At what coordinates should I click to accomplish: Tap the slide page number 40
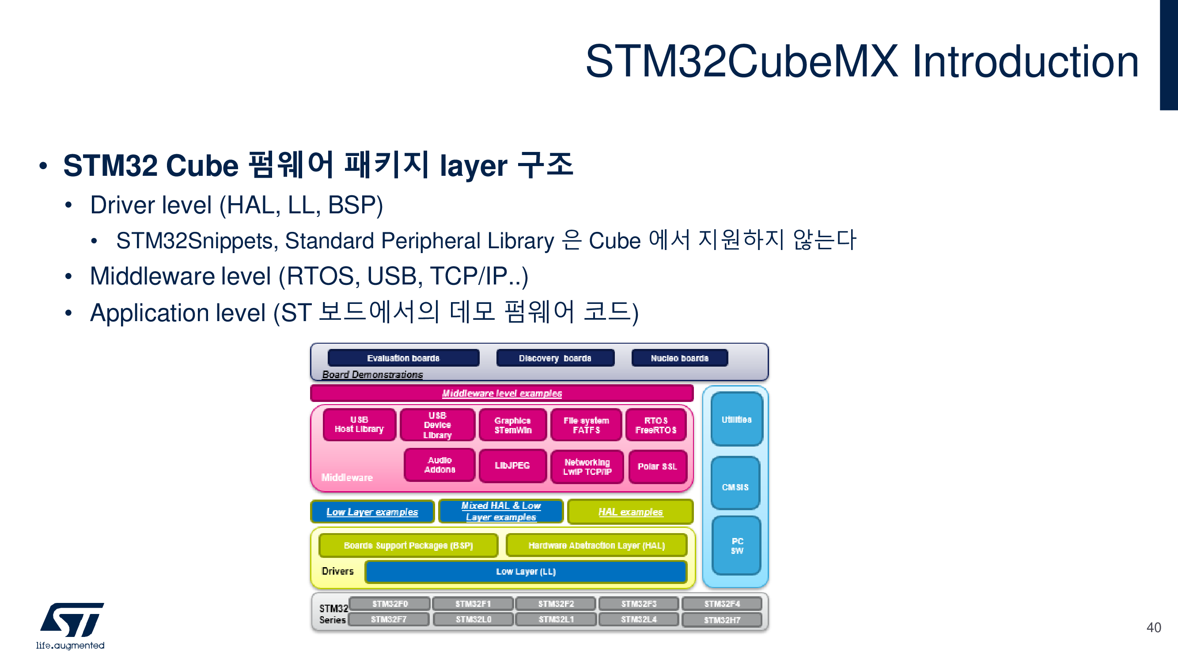click(x=1153, y=627)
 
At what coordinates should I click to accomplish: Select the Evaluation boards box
click(x=403, y=358)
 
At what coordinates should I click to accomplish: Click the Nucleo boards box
click(x=679, y=358)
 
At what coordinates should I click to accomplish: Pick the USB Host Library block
click(x=359, y=425)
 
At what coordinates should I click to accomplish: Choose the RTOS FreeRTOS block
click(x=655, y=425)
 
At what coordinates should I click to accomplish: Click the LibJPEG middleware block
click(x=512, y=466)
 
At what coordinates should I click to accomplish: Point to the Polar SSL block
click(x=657, y=466)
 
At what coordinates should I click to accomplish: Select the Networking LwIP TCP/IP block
click(x=587, y=467)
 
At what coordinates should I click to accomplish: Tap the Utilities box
click(x=736, y=419)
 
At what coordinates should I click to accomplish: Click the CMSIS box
click(x=735, y=486)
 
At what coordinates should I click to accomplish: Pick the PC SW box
click(x=737, y=546)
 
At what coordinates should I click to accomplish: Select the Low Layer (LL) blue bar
click(x=526, y=572)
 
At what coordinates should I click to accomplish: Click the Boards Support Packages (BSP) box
click(x=408, y=546)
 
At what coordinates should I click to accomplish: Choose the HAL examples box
click(x=630, y=512)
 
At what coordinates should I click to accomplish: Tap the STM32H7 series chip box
click(x=722, y=620)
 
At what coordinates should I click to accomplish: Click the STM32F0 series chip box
click(x=390, y=603)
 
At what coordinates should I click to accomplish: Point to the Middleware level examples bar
click(x=502, y=393)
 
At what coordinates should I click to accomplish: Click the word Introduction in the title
click(x=1025, y=62)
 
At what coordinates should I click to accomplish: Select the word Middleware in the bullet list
click(x=152, y=277)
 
